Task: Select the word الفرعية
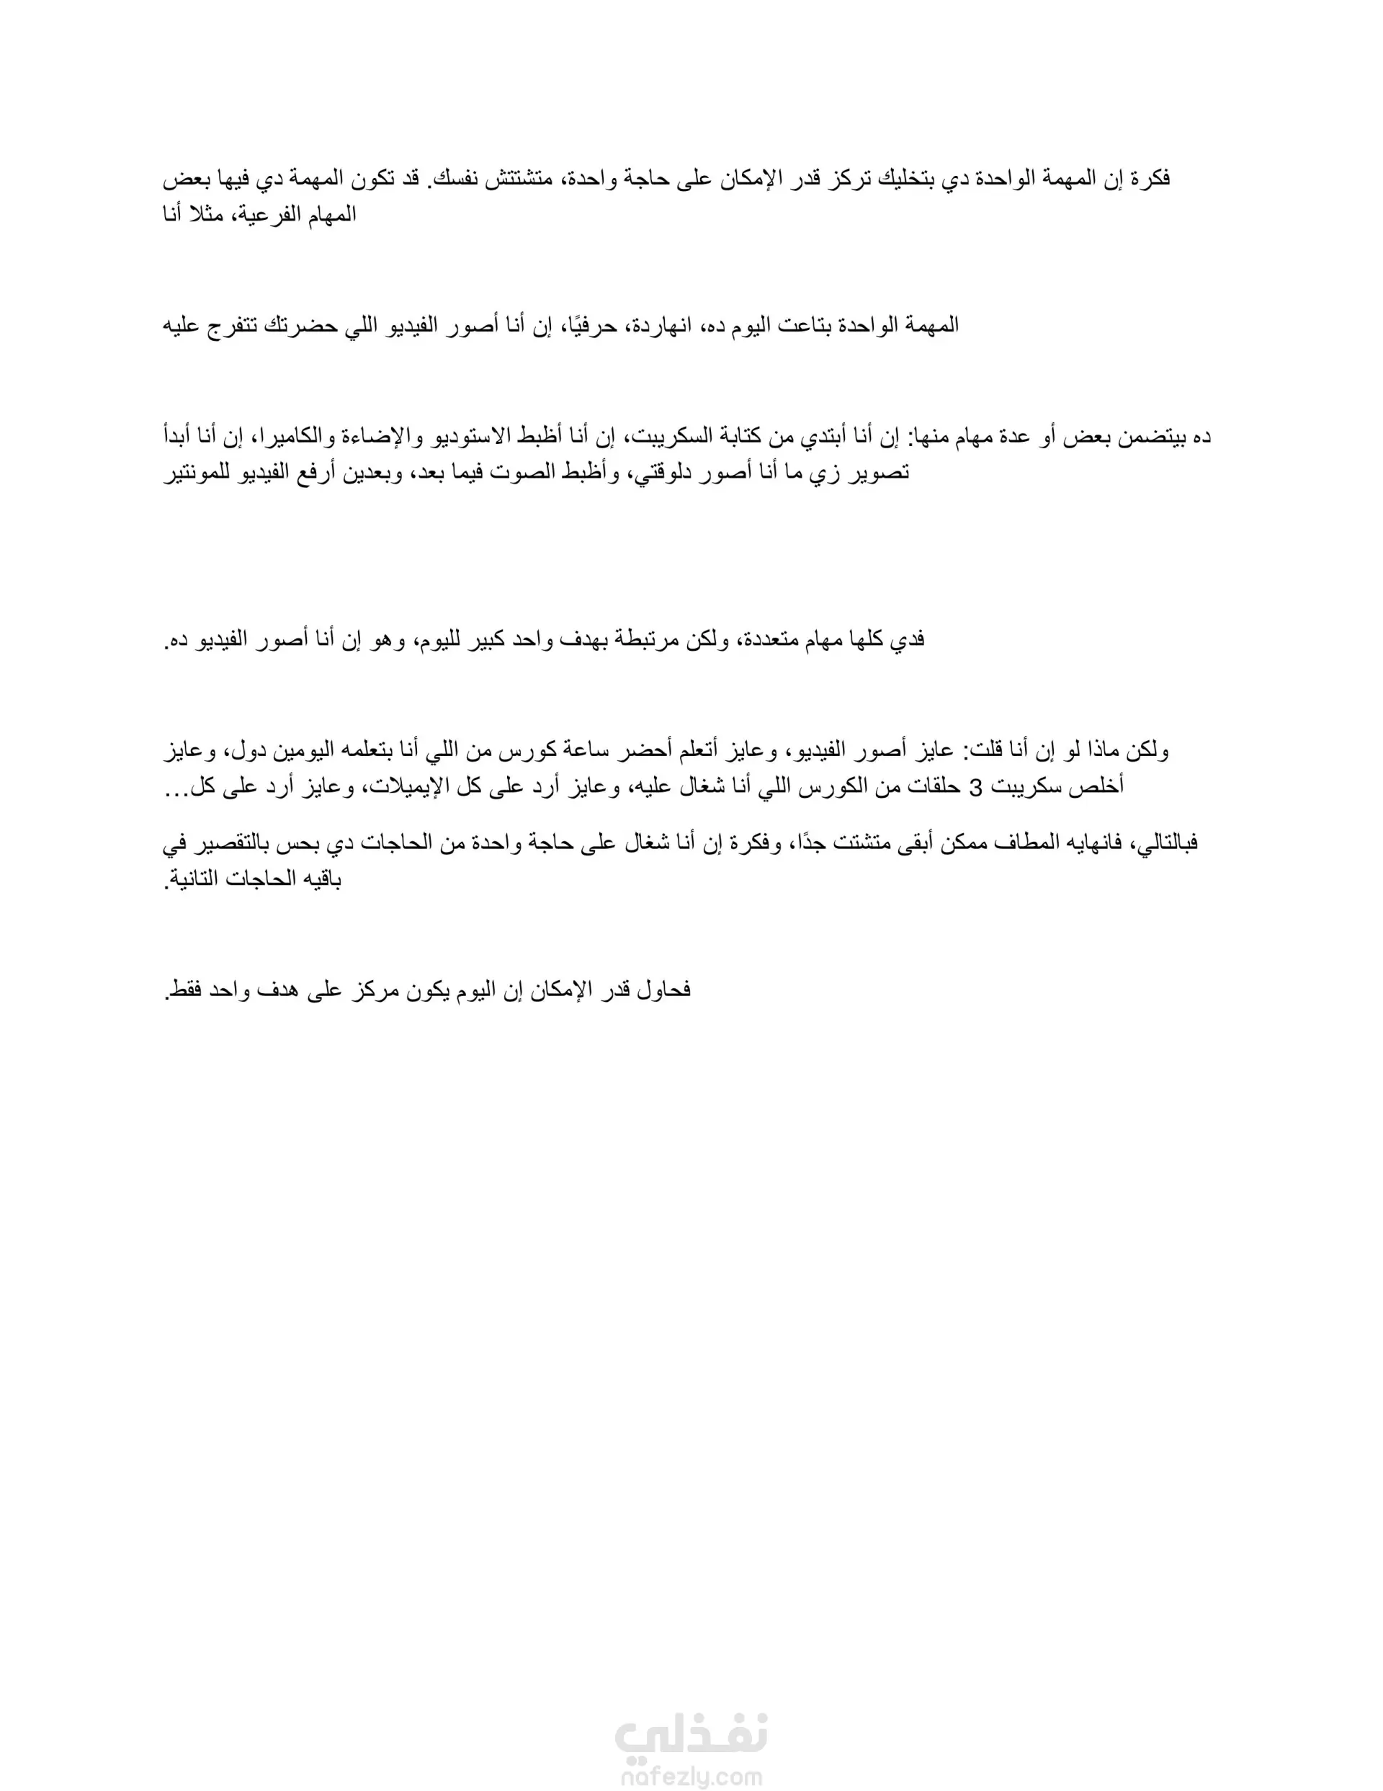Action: (x=272, y=215)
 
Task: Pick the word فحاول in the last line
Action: (x=663, y=990)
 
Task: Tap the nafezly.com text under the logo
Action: (x=691, y=1774)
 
